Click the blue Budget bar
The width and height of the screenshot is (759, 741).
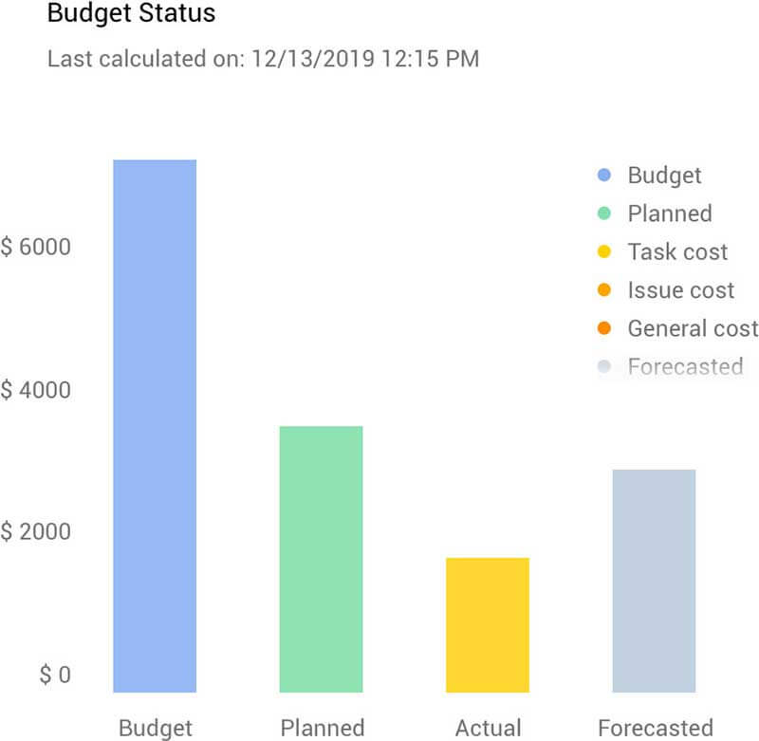pos(155,426)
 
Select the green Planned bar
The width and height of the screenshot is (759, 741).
pos(321,559)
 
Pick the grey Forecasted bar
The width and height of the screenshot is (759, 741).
pos(654,581)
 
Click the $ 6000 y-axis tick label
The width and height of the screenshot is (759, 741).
pos(35,247)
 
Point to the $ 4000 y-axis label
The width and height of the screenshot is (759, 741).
pos(35,390)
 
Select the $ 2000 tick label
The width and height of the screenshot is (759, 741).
pos(35,531)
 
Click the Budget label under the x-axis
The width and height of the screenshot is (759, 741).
pos(155,728)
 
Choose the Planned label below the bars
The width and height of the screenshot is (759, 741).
pos(322,728)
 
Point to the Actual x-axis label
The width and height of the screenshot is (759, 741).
pos(488,728)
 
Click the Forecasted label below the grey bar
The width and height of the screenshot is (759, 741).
pos(655,728)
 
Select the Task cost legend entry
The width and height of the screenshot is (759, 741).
pos(677,252)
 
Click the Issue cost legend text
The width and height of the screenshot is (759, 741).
pos(680,290)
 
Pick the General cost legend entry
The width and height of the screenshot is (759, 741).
pos(693,328)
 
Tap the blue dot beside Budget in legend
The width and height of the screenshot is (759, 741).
pos(604,176)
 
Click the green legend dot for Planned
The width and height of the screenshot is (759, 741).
pos(604,213)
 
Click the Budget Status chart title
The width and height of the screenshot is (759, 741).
pos(131,14)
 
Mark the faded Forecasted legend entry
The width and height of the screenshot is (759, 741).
pos(685,366)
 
